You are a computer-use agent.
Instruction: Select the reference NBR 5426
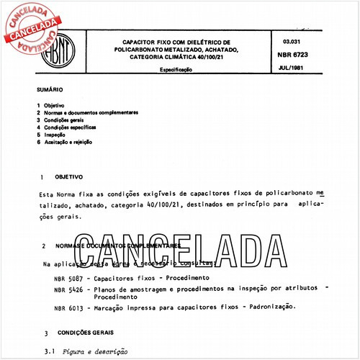(68, 289)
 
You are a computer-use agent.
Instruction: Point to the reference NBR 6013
(68, 308)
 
